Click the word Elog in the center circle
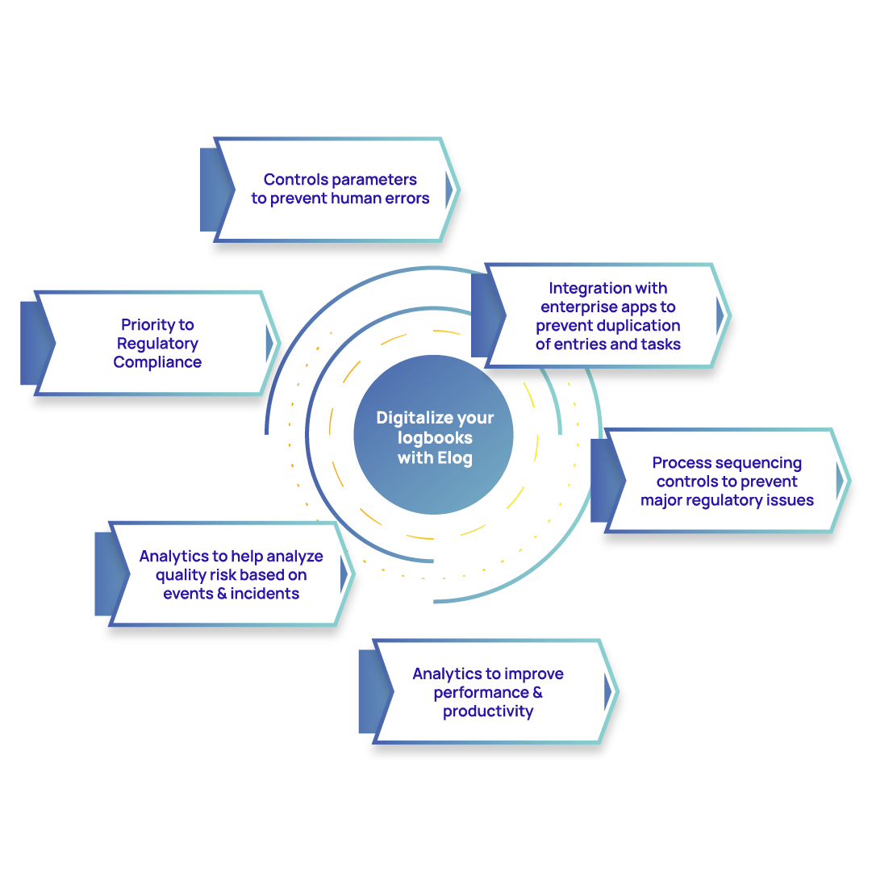(455, 459)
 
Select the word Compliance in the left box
(157, 362)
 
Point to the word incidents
(264, 594)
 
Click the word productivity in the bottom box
(488, 711)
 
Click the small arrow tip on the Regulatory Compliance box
(270, 344)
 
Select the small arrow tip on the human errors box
(449, 189)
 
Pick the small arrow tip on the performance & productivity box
(608, 691)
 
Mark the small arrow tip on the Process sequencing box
(841, 481)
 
